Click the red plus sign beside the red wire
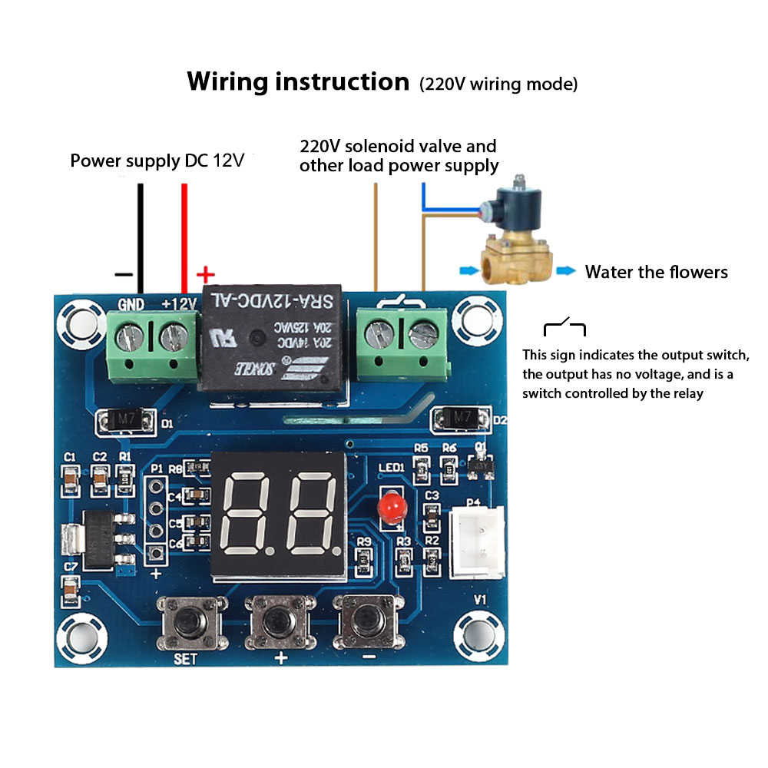click(205, 274)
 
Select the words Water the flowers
click(656, 272)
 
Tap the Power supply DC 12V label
click(157, 161)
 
